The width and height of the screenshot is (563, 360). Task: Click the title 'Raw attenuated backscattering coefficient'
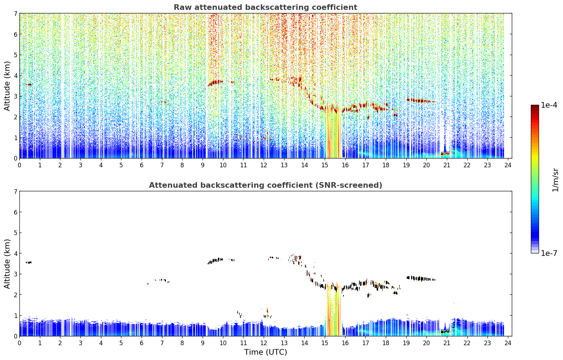click(265, 7)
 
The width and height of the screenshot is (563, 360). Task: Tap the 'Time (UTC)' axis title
click(265, 352)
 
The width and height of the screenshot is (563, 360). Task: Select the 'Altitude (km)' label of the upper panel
click(7, 86)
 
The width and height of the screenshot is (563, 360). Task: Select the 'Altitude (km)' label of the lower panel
click(7, 264)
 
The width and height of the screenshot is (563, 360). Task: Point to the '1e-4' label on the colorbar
click(549, 105)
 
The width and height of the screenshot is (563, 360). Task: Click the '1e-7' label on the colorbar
click(549, 253)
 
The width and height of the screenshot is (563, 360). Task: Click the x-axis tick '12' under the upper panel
click(264, 165)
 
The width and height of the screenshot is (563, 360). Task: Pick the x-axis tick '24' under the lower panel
click(508, 343)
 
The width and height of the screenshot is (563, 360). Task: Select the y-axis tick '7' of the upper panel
click(16, 13)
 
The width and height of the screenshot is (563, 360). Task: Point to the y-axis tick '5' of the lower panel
click(16, 233)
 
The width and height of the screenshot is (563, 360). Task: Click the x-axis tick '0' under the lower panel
click(20, 343)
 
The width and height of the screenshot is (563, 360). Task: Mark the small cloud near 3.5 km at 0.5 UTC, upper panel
click(29, 85)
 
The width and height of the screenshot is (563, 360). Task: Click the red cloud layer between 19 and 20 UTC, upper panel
click(420, 101)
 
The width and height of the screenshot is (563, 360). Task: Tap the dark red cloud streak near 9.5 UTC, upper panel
click(215, 83)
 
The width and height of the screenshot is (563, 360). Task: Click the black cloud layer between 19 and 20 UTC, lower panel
click(421, 278)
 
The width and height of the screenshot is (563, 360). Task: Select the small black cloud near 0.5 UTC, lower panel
click(29, 263)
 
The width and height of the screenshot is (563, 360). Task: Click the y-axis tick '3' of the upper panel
click(16, 96)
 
